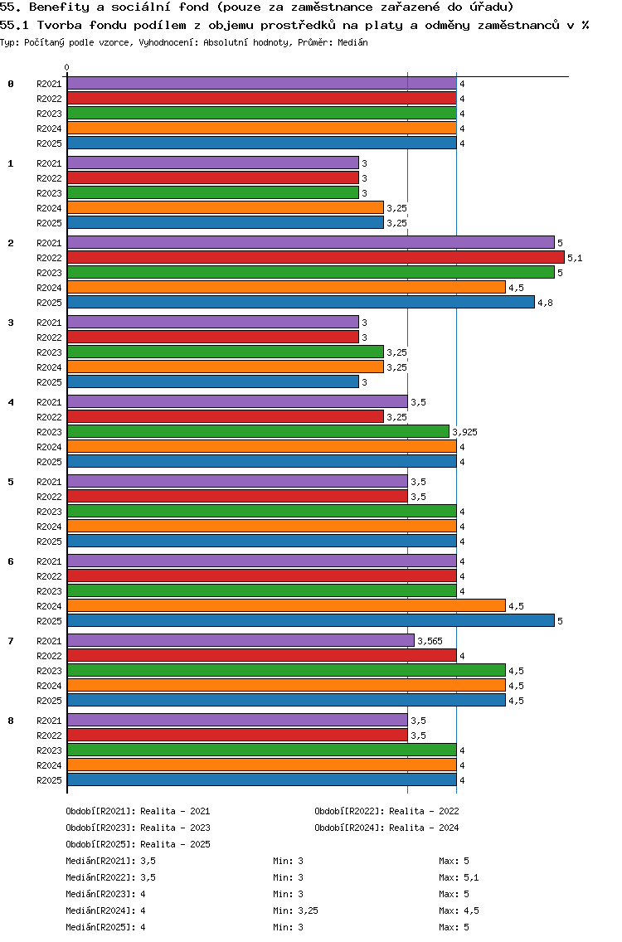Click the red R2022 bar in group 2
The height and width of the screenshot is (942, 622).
[x=315, y=258]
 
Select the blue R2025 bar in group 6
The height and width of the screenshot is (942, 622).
[x=310, y=621]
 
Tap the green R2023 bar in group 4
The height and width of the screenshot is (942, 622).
[x=258, y=432]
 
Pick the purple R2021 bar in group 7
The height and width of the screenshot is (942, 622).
[x=241, y=641]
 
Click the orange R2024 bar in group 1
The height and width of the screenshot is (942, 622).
[x=225, y=208]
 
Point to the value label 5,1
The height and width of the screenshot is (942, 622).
[x=575, y=258]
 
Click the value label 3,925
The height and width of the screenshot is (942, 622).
[x=464, y=432]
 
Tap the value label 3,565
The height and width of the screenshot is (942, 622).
[x=430, y=641]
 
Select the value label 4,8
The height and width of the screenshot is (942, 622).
[x=545, y=303]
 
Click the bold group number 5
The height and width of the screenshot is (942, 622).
[x=11, y=482]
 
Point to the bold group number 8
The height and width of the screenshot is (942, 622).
[x=11, y=721]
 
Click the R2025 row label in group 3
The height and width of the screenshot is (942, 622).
[x=49, y=382]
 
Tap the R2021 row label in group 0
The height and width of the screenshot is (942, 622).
[x=49, y=84]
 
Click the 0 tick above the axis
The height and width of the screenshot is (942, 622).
[x=67, y=67]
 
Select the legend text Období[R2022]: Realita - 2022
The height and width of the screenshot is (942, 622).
[x=386, y=811]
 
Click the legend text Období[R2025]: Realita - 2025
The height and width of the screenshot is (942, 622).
[x=138, y=844]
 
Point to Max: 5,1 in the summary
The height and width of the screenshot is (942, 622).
[x=459, y=877]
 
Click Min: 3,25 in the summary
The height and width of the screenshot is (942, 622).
[x=296, y=910]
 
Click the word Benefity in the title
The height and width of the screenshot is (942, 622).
[x=57, y=7]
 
